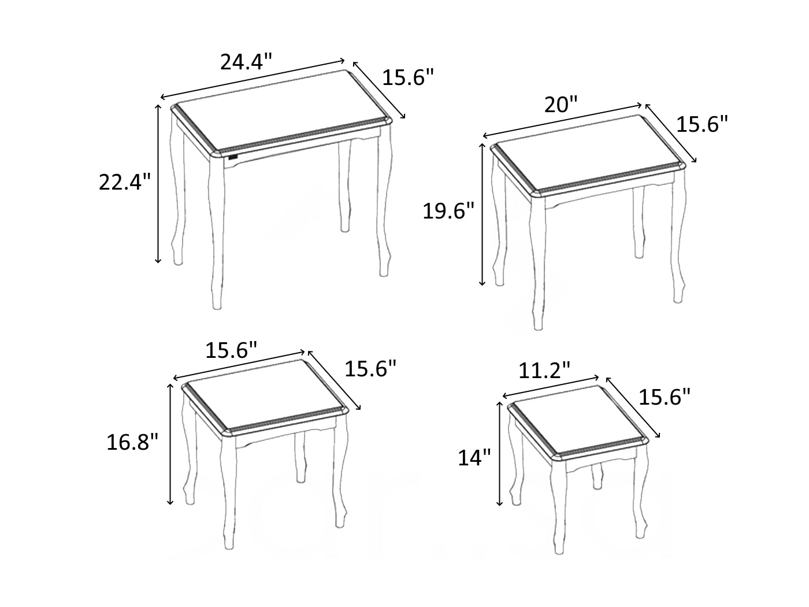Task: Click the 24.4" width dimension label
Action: (246, 61)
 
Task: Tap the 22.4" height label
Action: (125, 182)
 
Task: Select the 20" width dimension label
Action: (561, 105)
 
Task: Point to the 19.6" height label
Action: (448, 211)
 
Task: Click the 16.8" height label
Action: (132, 442)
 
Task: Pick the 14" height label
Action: (474, 458)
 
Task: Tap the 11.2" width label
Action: (544, 371)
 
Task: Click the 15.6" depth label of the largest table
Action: (408, 77)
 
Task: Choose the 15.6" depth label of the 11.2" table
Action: (664, 397)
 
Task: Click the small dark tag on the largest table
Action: (233, 157)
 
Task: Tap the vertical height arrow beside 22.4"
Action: (158, 184)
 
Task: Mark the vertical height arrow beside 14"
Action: (500, 453)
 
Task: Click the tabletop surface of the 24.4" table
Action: (281, 111)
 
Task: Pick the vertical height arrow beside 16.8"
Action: (170, 444)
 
